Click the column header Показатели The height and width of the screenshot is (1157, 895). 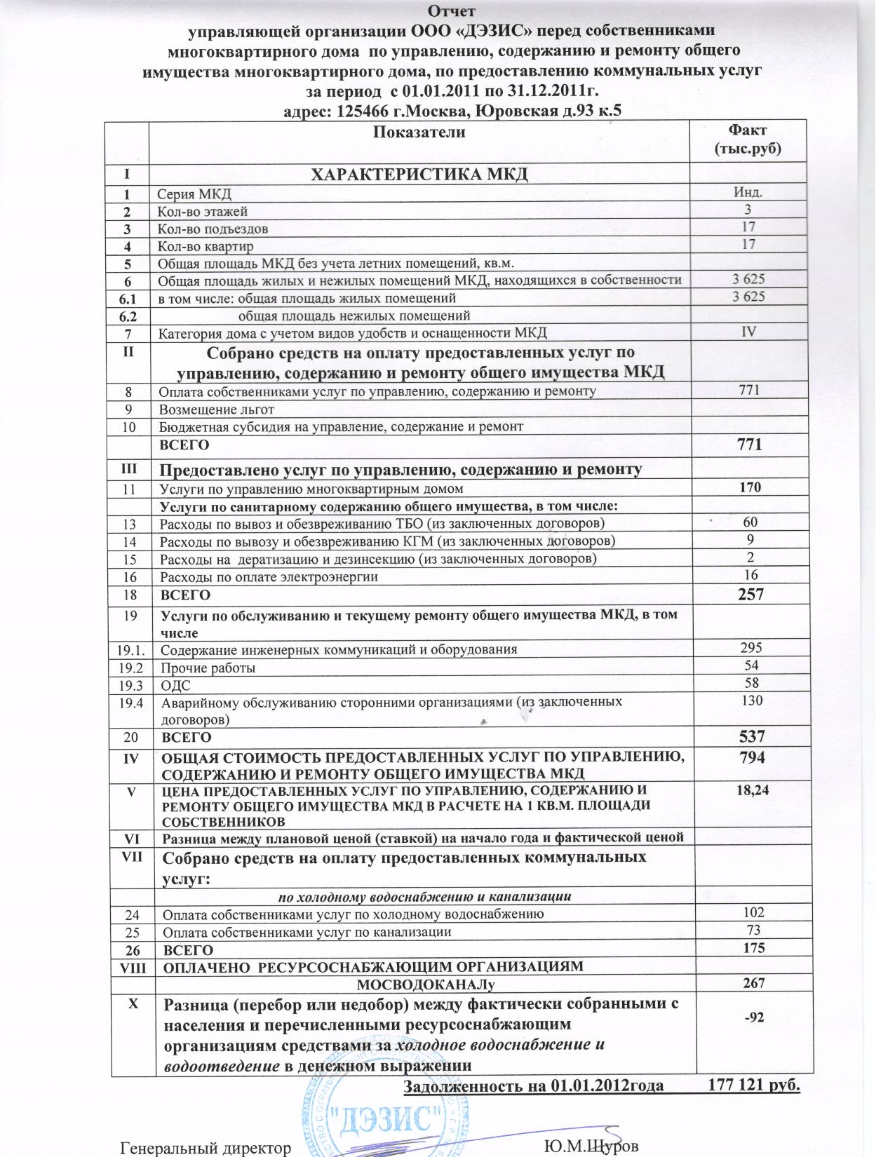pos(419,133)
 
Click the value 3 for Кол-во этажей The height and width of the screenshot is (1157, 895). pos(748,209)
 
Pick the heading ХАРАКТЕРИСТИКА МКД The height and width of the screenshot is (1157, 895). pos(419,173)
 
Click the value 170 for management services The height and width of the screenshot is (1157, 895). pos(750,487)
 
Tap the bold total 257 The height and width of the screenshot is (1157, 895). pos(750,594)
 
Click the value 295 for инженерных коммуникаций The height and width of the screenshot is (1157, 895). pos(750,647)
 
